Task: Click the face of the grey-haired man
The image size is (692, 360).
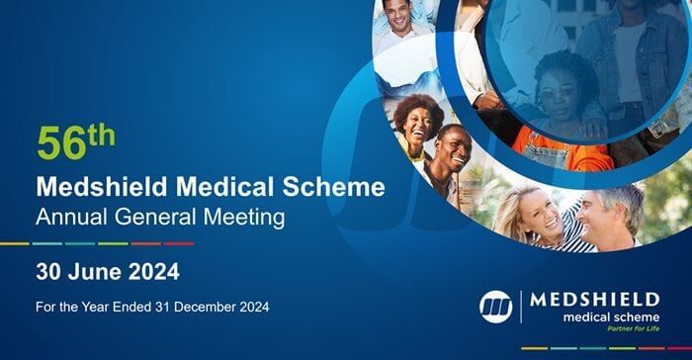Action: coord(606,215)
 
